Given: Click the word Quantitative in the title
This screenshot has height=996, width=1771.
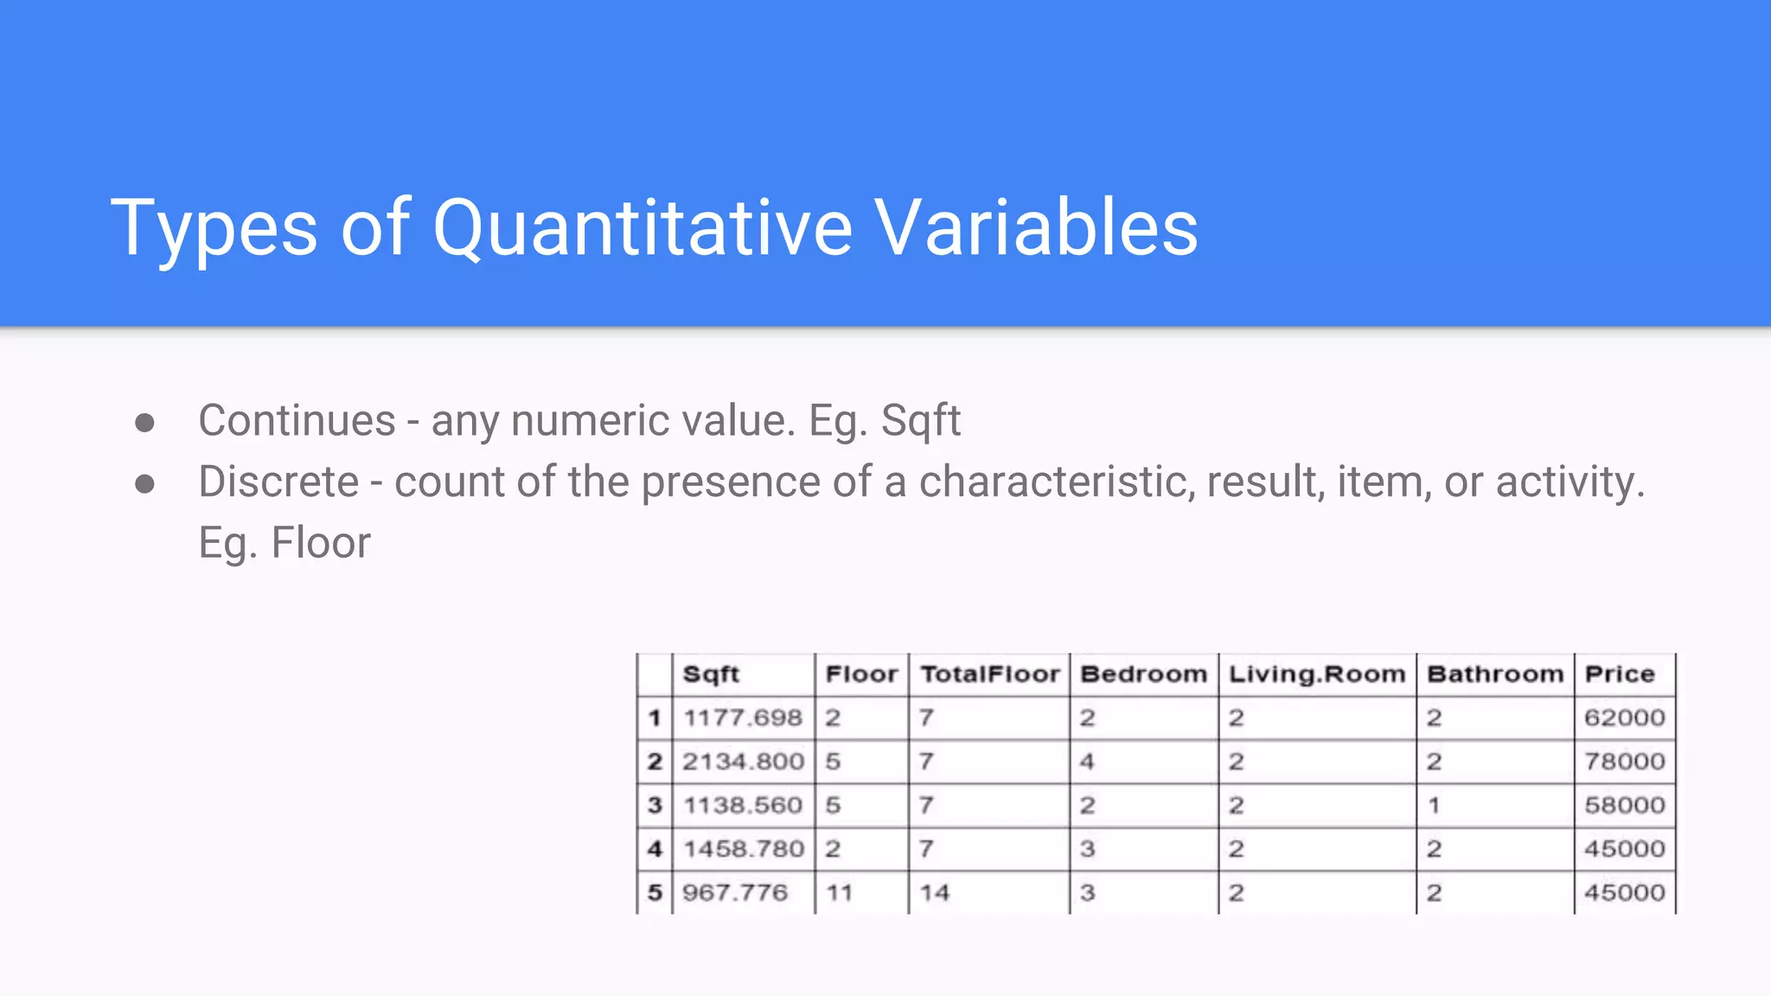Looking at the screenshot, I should pyautogui.click(x=642, y=228).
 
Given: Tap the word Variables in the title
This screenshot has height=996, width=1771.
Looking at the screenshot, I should pyautogui.click(x=1036, y=228).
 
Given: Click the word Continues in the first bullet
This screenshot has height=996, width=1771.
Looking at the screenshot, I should pyautogui.click(x=297, y=421).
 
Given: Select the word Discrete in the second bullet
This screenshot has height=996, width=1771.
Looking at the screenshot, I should pyautogui.click(x=278, y=482).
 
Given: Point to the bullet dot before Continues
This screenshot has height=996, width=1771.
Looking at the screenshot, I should pyautogui.click(x=145, y=423).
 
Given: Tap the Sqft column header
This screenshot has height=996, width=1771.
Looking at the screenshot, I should pyautogui.click(x=711, y=674).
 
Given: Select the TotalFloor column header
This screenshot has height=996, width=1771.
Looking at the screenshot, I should pyautogui.click(x=989, y=674).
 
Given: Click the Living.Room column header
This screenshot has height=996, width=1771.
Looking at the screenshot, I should pyautogui.click(x=1317, y=674).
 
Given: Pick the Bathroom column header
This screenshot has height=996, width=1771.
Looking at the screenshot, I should pyautogui.click(x=1495, y=674).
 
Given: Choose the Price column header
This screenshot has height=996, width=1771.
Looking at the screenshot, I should pyautogui.click(x=1620, y=674).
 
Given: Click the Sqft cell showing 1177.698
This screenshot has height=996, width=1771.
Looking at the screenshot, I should pyautogui.click(x=743, y=718).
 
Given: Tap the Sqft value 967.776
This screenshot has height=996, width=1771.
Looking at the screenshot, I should pyautogui.click(x=735, y=892).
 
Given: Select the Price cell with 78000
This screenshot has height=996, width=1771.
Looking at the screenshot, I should pyautogui.click(x=1624, y=762).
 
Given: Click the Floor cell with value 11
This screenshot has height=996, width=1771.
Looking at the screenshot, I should pyautogui.click(x=839, y=892).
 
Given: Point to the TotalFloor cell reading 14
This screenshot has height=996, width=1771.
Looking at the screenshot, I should pyautogui.click(x=934, y=892).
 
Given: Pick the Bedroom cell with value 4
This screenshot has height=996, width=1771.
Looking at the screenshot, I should pyautogui.click(x=1087, y=762).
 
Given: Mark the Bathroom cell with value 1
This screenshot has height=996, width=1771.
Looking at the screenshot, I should pyautogui.click(x=1434, y=806).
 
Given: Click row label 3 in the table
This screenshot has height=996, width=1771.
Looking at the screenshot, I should pyautogui.click(x=655, y=806).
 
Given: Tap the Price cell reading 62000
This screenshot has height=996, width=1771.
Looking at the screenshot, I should pyautogui.click(x=1624, y=718).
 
